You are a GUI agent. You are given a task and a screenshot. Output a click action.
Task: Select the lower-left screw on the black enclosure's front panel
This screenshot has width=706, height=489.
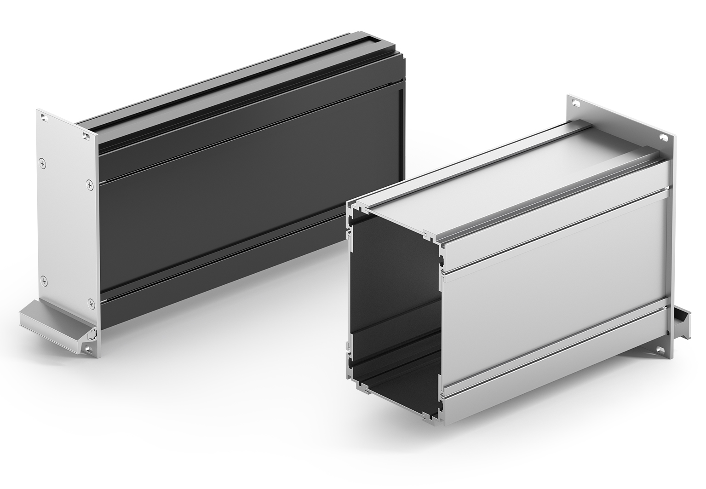pos(43,280)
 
